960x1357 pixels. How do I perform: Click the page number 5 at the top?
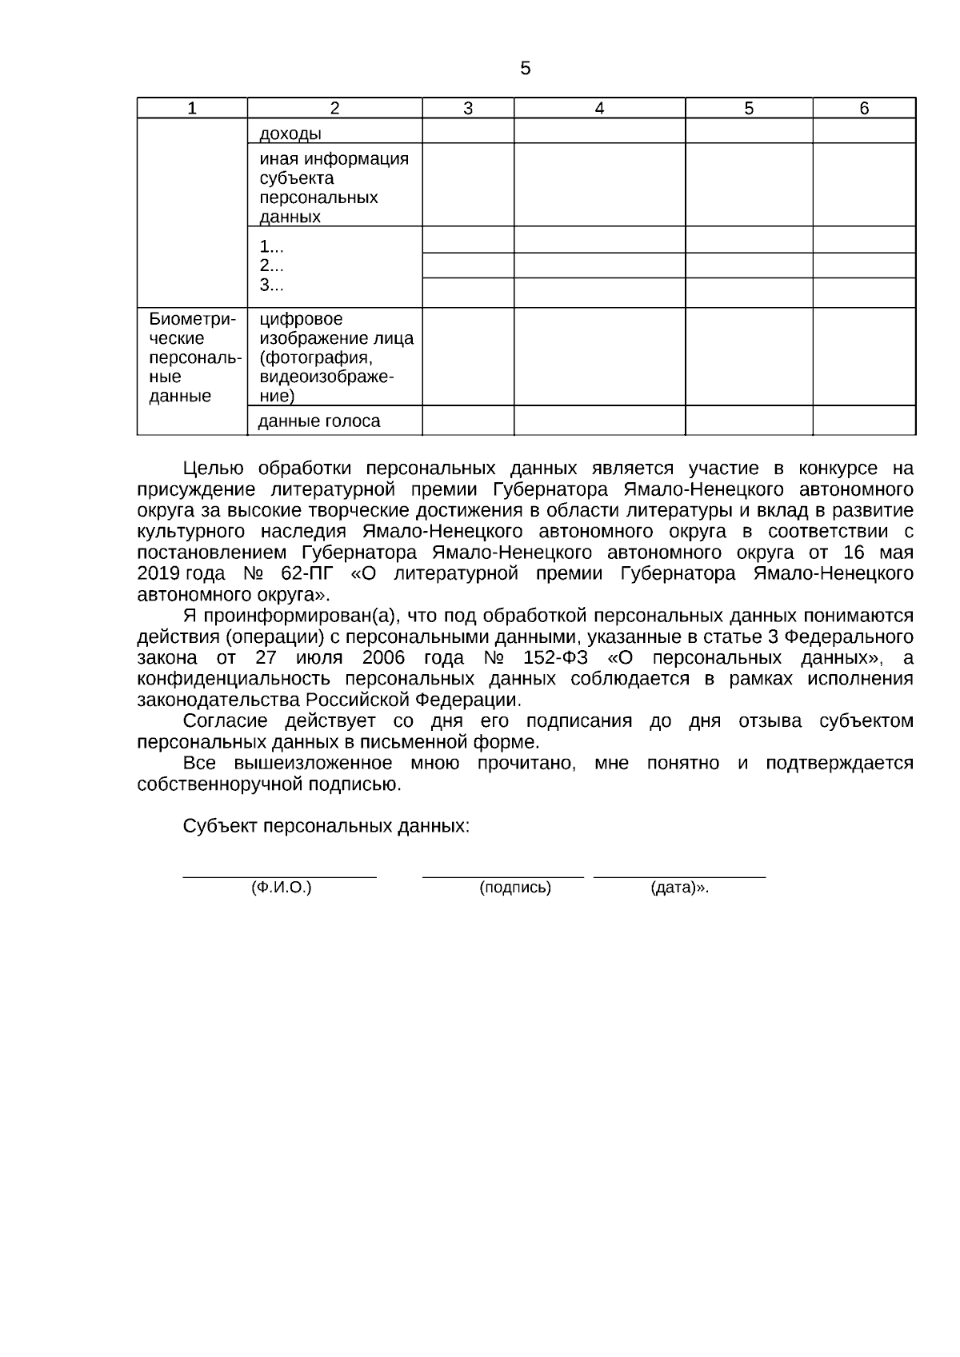(525, 69)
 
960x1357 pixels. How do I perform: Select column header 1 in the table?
(192, 109)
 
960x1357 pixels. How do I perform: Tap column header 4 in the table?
(599, 109)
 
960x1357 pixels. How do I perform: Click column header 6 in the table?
(864, 109)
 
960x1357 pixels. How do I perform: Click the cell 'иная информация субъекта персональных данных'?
(334, 187)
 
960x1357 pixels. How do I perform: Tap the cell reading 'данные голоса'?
(319, 421)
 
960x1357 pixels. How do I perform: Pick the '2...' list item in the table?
(271, 266)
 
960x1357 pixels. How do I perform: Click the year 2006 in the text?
(383, 658)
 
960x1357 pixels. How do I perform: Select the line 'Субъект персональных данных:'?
(326, 826)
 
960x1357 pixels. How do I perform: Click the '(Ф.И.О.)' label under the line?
(281, 888)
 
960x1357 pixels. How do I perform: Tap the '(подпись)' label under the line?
(515, 888)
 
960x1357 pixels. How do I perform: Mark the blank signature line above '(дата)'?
(679, 876)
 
